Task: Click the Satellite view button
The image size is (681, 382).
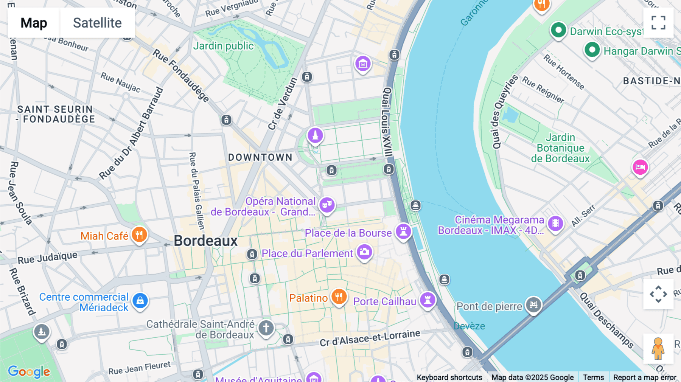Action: pyautogui.click(x=97, y=23)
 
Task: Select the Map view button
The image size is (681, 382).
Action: pyautogui.click(x=34, y=23)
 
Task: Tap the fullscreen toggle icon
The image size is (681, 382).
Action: pyautogui.click(x=658, y=23)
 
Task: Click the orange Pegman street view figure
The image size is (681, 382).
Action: pyautogui.click(x=658, y=348)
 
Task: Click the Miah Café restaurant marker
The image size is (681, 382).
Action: pyautogui.click(x=139, y=234)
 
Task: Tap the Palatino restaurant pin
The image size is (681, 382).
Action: pyautogui.click(x=339, y=297)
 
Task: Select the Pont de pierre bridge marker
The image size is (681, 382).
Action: pyautogui.click(x=533, y=304)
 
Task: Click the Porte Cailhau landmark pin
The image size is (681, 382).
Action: pyautogui.click(x=428, y=300)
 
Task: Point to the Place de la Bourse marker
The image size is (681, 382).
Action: pyautogui.click(x=403, y=231)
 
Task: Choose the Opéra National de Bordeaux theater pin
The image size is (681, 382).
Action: pyautogui.click(x=327, y=205)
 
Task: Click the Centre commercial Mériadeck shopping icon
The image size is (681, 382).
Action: pyautogui.click(x=140, y=301)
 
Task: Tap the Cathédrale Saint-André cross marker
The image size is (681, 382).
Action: pyautogui.click(x=266, y=328)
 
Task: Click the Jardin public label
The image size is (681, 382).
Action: pyautogui.click(x=223, y=46)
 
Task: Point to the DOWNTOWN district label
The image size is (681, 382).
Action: pyautogui.click(x=260, y=157)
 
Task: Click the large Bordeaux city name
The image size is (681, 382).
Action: pyautogui.click(x=205, y=241)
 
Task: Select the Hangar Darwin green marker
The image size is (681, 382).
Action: pyautogui.click(x=592, y=50)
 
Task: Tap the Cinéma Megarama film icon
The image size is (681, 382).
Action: pyautogui.click(x=555, y=223)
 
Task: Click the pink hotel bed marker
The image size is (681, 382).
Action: pyautogui.click(x=640, y=167)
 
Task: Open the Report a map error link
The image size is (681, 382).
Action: pyautogui.click(x=645, y=377)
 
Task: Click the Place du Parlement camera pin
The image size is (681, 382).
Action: pyautogui.click(x=364, y=252)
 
